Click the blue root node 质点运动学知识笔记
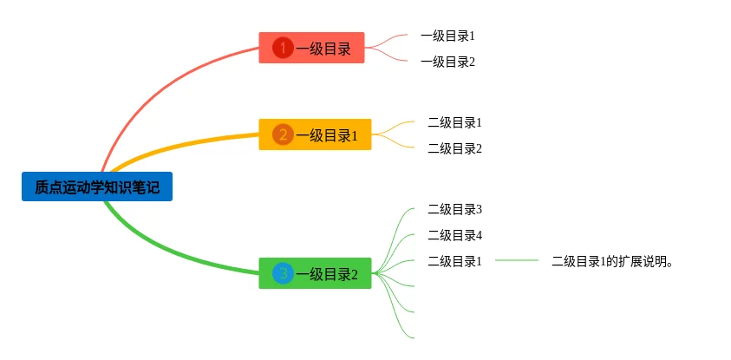coord(97,187)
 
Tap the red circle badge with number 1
coord(282,48)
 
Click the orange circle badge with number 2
coord(282,134)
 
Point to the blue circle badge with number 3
coord(282,274)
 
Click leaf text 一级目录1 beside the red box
coord(447,36)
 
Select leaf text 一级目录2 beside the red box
coord(447,62)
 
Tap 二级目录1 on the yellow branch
coord(454,122)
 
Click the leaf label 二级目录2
coord(454,148)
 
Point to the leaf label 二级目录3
coord(454,209)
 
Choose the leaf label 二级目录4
coord(454,235)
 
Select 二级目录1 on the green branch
coord(454,261)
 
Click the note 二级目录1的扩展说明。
coord(612,261)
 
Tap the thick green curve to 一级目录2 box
coord(173,248)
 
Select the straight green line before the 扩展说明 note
coord(517,260)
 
